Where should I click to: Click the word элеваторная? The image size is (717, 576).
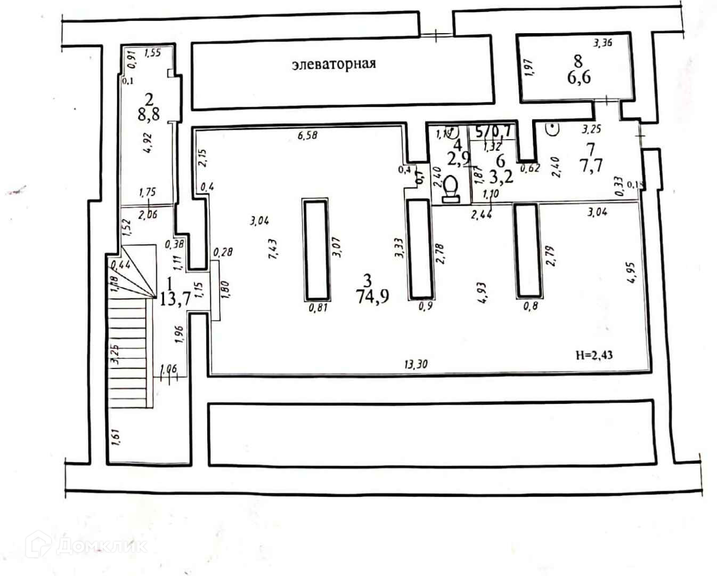pyautogui.click(x=334, y=64)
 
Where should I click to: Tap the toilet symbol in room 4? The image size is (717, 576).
pyautogui.click(x=451, y=190)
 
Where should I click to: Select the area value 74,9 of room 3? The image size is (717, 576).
pyautogui.click(x=372, y=297)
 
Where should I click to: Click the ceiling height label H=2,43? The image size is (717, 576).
pyautogui.click(x=594, y=355)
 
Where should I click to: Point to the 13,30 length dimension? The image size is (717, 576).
pyautogui.click(x=416, y=365)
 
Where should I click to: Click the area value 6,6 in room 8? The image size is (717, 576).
pyautogui.click(x=579, y=78)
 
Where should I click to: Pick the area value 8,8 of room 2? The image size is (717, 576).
pyautogui.click(x=149, y=114)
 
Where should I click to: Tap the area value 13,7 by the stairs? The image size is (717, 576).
pyautogui.click(x=175, y=299)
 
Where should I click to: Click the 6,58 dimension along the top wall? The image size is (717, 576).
pyautogui.click(x=307, y=135)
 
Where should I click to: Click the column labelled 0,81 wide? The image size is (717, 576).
pyautogui.click(x=315, y=249)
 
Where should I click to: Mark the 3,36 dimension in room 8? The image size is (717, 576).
pyautogui.click(x=603, y=44)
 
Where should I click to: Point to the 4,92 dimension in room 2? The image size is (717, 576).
pyautogui.click(x=148, y=143)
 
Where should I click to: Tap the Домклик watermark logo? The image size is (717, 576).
pyautogui.click(x=85, y=545)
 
